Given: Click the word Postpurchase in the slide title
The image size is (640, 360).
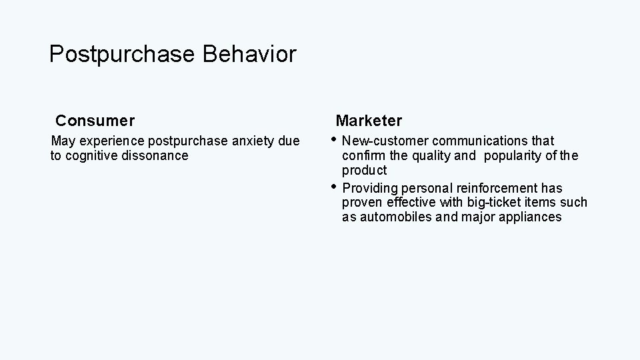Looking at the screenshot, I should (x=121, y=55).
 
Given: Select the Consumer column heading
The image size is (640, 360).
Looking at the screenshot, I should (x=95, y=121).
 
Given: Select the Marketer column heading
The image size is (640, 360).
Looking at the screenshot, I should (x=369, y=121).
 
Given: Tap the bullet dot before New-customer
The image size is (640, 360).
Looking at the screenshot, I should (x=335, y=140).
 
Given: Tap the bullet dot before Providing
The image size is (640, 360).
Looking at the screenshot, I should (x=335, y=187).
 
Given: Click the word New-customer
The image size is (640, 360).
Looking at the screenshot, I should (x=385, y=141).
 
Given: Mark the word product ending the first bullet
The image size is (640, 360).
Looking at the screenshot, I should (x=364, y=171).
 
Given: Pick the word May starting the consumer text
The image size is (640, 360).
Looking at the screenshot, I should (x=63, y=141).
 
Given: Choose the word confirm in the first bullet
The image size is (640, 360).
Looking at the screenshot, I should (x=363, y=155).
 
